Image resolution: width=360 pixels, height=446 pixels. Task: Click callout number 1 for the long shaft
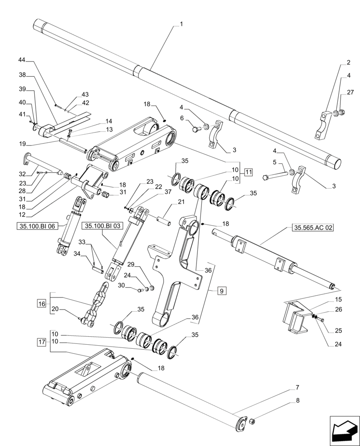181,25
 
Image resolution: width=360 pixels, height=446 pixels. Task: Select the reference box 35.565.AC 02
313,227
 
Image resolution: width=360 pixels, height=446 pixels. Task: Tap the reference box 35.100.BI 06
37,226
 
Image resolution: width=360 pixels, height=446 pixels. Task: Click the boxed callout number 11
248,172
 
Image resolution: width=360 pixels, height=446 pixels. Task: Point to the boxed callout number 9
221,291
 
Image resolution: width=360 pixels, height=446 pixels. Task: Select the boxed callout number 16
42,304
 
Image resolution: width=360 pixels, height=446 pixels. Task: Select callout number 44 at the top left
22,59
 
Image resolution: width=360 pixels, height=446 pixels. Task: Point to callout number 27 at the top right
350,93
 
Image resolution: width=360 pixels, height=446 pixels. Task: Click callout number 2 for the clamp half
348,63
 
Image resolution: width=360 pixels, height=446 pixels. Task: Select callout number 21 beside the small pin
181,202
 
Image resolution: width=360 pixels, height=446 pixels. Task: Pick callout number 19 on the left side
22,144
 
